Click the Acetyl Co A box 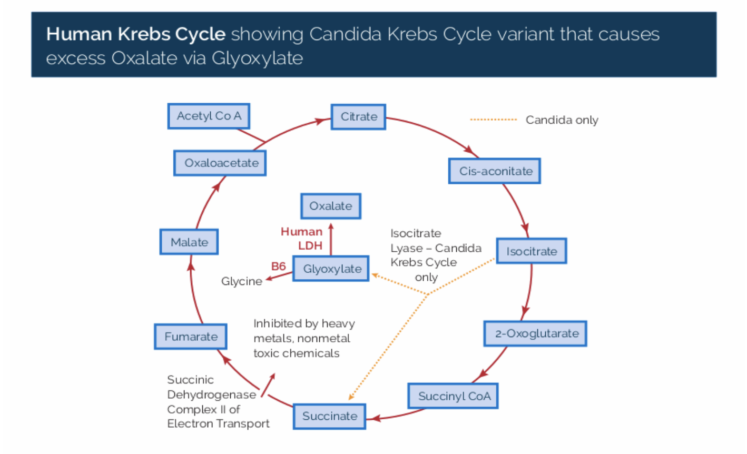coord(209,116)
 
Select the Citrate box coord(358,117)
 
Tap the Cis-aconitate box coord(495,171)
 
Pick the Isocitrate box coord(531,251)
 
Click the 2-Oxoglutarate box coord(535,333)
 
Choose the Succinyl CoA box coord(453,396)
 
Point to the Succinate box coord(329,416)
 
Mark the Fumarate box coord(191,337)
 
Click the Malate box coord(189,242)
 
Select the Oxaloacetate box coord(220,163)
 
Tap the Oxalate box coord(330,206)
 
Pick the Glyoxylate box coord(331,269)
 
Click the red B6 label coord(278,266)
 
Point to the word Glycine coord(241,281)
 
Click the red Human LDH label coord(302,239)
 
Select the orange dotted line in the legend coord(493,120)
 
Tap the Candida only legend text coord(562,120)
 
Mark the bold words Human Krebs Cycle coord(135,34)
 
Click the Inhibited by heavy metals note coord(304,338)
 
